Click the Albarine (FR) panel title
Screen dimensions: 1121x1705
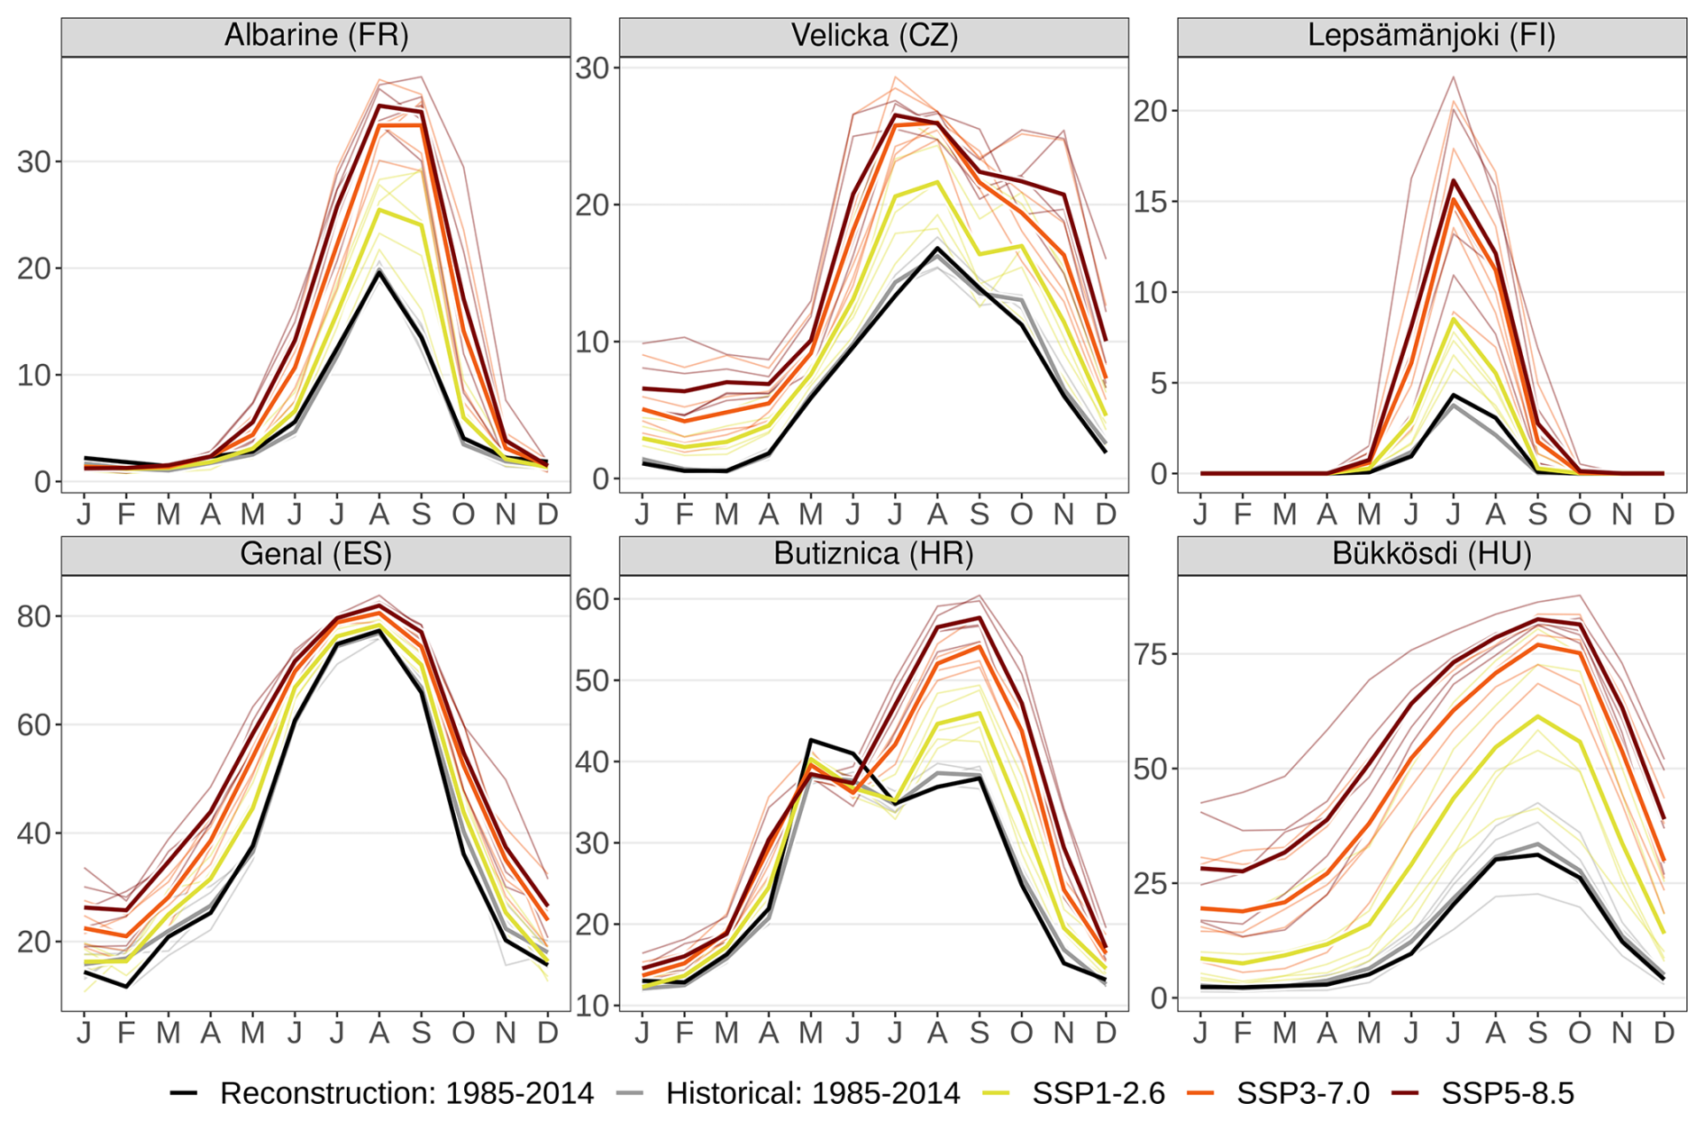(315, 36)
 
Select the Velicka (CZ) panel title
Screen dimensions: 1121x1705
(873, 36)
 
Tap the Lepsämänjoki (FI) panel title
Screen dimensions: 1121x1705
(1431, 36)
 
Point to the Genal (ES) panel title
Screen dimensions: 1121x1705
(315, 554)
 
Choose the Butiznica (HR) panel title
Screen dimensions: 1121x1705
(873, 554)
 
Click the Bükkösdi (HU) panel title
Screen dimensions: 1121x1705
(1431, 554)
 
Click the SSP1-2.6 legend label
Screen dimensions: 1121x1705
(1099, 1093)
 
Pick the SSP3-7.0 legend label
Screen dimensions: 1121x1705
(1302, 1093)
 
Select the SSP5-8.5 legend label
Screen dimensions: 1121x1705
(1507, 1093)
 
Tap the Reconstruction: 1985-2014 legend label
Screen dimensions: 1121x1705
(406, 1093)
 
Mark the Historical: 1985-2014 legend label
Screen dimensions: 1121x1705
(813, 1093)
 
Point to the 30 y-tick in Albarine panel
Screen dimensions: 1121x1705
(34, 162)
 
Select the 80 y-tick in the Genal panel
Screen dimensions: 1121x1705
(34, 616)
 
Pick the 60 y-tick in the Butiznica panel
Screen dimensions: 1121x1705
(592, 599)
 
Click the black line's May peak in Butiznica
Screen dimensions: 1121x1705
(811, 740)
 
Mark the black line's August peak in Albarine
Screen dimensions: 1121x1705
(379, 271)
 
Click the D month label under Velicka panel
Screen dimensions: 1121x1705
(1105, 514)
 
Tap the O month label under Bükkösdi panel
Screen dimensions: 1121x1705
(1579, 1032)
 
